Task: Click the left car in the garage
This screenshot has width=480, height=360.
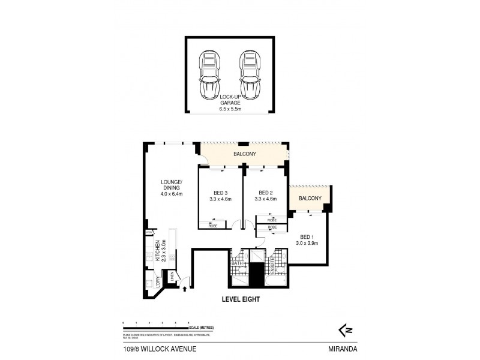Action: (x=209, y=74)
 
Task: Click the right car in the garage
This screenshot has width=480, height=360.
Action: (x=249, y=74)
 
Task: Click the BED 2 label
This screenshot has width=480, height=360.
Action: (x=265, y=196)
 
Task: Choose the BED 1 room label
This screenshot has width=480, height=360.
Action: (x=308, y=240)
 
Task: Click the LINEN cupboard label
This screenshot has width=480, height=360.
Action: (x=172, y=276)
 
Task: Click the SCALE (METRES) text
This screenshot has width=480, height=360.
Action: (x=200, y=327)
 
